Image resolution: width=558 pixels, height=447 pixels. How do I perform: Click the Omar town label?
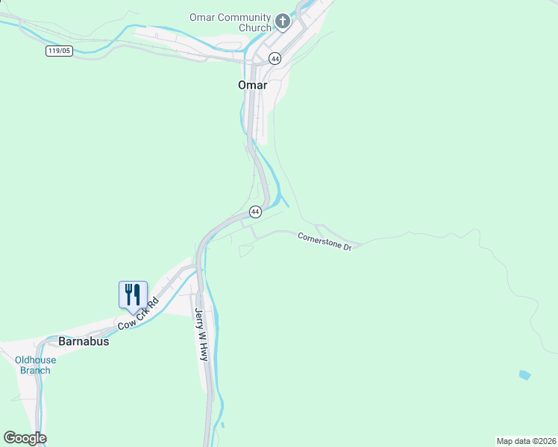tap(252, 85)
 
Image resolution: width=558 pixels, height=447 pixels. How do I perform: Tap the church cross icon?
tap(283, 22)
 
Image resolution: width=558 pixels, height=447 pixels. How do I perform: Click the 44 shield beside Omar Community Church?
tap(275, 59)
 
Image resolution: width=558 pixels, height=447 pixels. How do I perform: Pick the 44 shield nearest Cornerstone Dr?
tap(255, 212)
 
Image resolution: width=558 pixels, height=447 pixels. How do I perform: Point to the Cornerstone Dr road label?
tap(325, 241)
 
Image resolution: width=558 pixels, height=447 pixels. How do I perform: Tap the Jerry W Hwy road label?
tap(201, 335)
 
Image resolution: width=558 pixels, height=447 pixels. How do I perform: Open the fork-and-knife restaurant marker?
tap(133, 294)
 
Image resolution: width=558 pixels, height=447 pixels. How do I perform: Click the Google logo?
tap(25, 438)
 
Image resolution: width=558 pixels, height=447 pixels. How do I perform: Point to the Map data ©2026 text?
tap(526, 440)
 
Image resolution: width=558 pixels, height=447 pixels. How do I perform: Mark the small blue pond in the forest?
tap(525, 375)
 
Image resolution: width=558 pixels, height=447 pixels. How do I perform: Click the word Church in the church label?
tap(254, 28)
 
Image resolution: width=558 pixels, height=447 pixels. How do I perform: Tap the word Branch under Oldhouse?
tap(35, 370)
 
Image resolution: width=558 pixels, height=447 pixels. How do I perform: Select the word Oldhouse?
tap(35, 361)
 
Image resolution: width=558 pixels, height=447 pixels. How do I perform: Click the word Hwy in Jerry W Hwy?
tap(203, 352)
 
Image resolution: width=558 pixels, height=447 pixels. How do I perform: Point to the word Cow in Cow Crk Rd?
tap(125, 325)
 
